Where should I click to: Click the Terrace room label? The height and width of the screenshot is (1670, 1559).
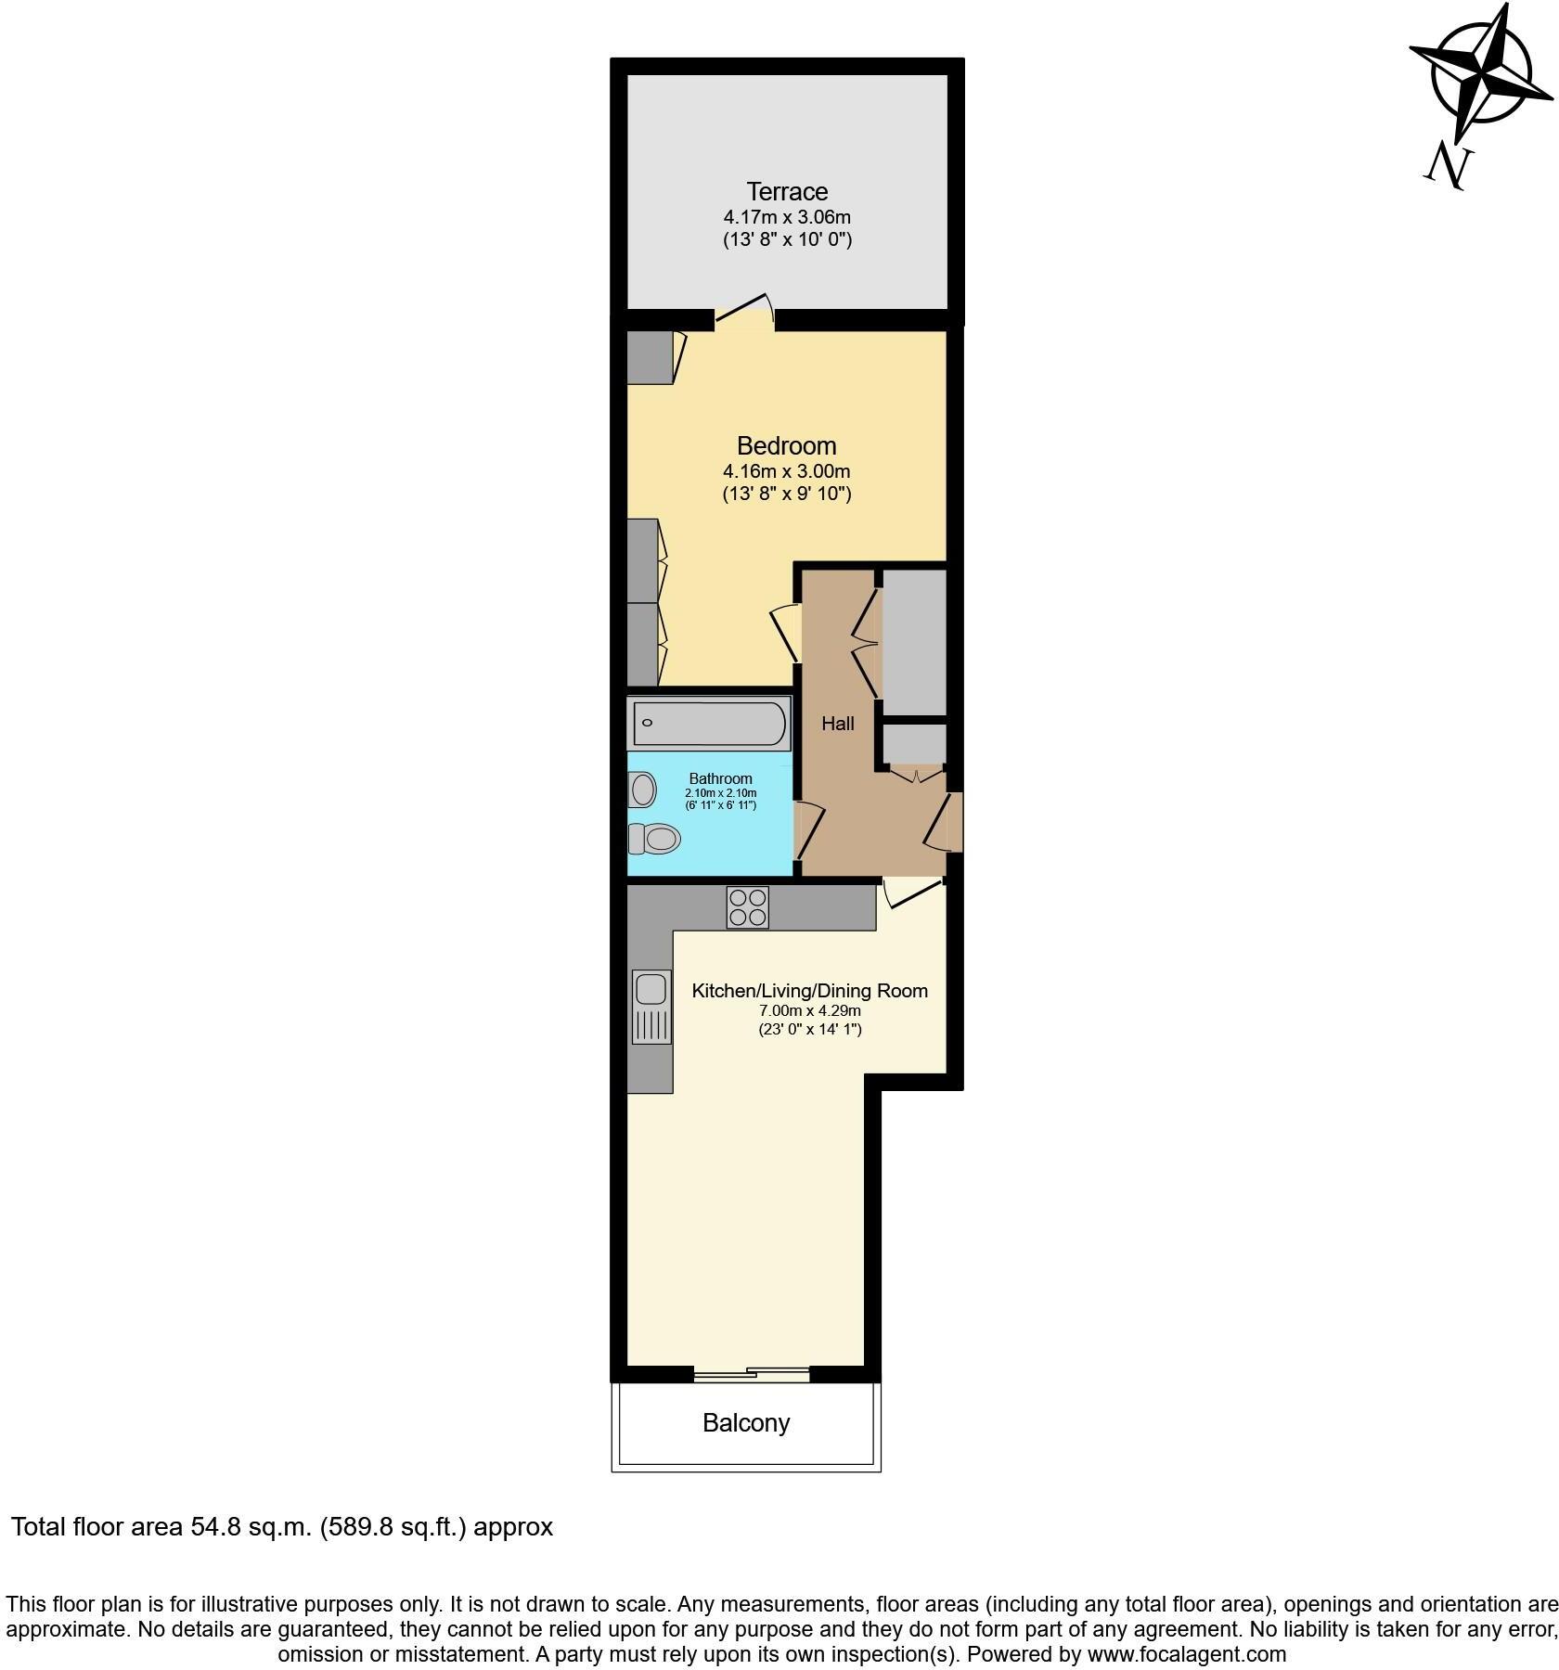coord(787,192)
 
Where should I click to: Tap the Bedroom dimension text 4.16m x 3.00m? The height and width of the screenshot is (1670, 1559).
coord(787,471)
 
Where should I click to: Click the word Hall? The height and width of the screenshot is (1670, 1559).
coord(838,724)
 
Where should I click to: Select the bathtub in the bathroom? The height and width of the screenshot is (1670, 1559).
coord(710,724)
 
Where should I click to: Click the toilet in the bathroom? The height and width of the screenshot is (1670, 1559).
coord(655,839)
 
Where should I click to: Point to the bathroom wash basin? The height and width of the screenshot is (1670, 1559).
coord(642,790)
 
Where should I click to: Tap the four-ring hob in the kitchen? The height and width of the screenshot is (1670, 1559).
coord(748,907)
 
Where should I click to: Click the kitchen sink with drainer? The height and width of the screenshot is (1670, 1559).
coord(651,1006)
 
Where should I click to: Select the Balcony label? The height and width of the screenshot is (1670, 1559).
coord(746,1422)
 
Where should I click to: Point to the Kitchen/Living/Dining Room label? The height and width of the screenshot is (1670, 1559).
coord(809,991)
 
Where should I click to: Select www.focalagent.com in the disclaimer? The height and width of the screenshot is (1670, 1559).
coord(1187,1654)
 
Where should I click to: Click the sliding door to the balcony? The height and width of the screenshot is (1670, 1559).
coord(752,1372)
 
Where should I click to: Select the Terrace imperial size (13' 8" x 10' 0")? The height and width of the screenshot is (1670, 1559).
coord(787,239)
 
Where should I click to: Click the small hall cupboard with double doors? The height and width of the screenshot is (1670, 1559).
coord(914,748)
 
